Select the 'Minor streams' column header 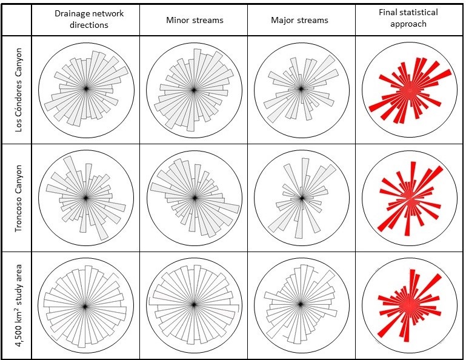click(x=194, y=20)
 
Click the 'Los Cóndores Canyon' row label click(x=18, y=90)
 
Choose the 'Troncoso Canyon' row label click(x=18, y=198)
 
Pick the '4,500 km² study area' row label click(x=18, y=305)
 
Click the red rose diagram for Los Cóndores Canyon click(x=410, y=90)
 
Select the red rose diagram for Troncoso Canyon click(x=410, y=198)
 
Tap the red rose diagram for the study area click(x=410, y=306)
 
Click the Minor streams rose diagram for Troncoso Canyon click(x=194, y=198)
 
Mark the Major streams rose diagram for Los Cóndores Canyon click(x=301, y=90)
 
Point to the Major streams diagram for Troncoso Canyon click(x=301, y=198)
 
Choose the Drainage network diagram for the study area click(x=85, y=306)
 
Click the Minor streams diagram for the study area click(x=194, y=306)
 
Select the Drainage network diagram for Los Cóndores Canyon click(x=85, y=90)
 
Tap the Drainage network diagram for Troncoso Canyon click(x=85, y=198)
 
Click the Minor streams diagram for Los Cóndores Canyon click(x=194, y=90)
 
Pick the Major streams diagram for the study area click(x=301, y=306)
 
